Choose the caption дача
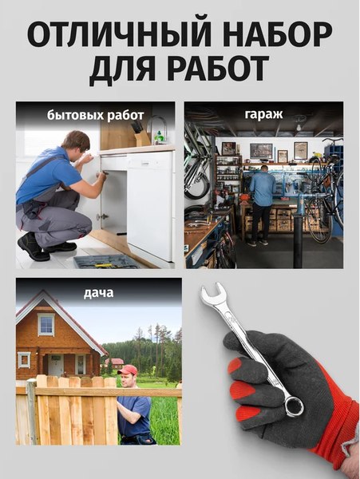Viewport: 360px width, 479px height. tap(98, 292)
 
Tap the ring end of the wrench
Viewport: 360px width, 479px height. tap(294, 406)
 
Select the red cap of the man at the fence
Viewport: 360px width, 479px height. tap(127, 370)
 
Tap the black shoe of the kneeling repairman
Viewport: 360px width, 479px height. tap(33, 248)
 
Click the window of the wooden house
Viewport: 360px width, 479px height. tap(45, 324)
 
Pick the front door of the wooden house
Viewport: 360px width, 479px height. tap(56, 366)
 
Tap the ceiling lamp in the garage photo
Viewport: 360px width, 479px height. tap(300, 125)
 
